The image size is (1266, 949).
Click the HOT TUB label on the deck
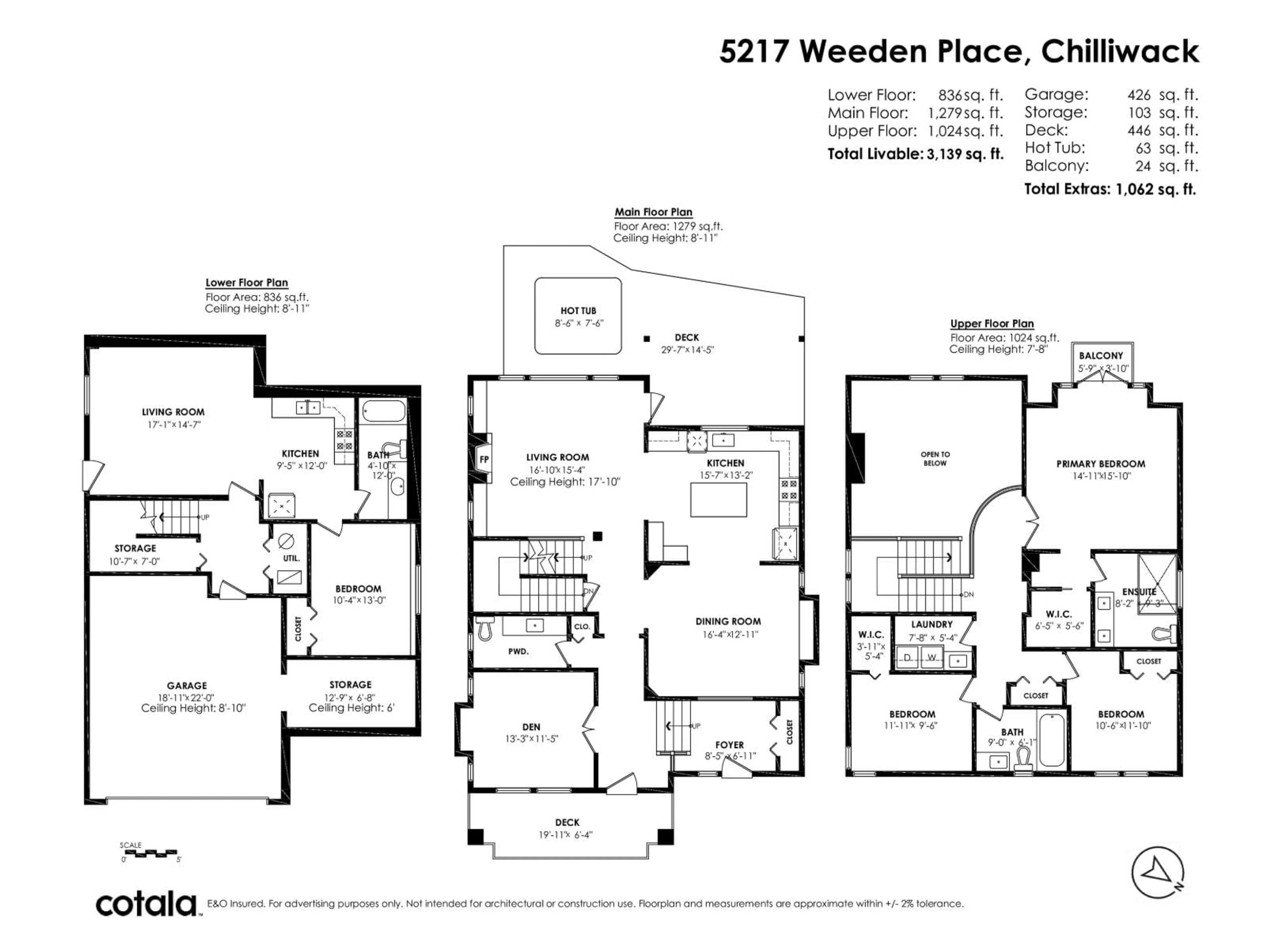pos(578,311)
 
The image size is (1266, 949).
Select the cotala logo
pos(146,905)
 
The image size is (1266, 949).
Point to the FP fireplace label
pos(484,459)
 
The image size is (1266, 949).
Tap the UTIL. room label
pos(291,558)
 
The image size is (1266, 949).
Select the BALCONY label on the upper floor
pos(1100,356)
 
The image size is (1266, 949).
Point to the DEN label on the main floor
pos(531,727)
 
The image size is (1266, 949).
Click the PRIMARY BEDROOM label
pos(1100,464)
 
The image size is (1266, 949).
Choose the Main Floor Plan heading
pos(653,212)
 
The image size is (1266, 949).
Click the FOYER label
pos(729,745)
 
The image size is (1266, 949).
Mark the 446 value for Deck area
pos(1139,130)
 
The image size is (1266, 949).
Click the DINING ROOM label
pos(728,621)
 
